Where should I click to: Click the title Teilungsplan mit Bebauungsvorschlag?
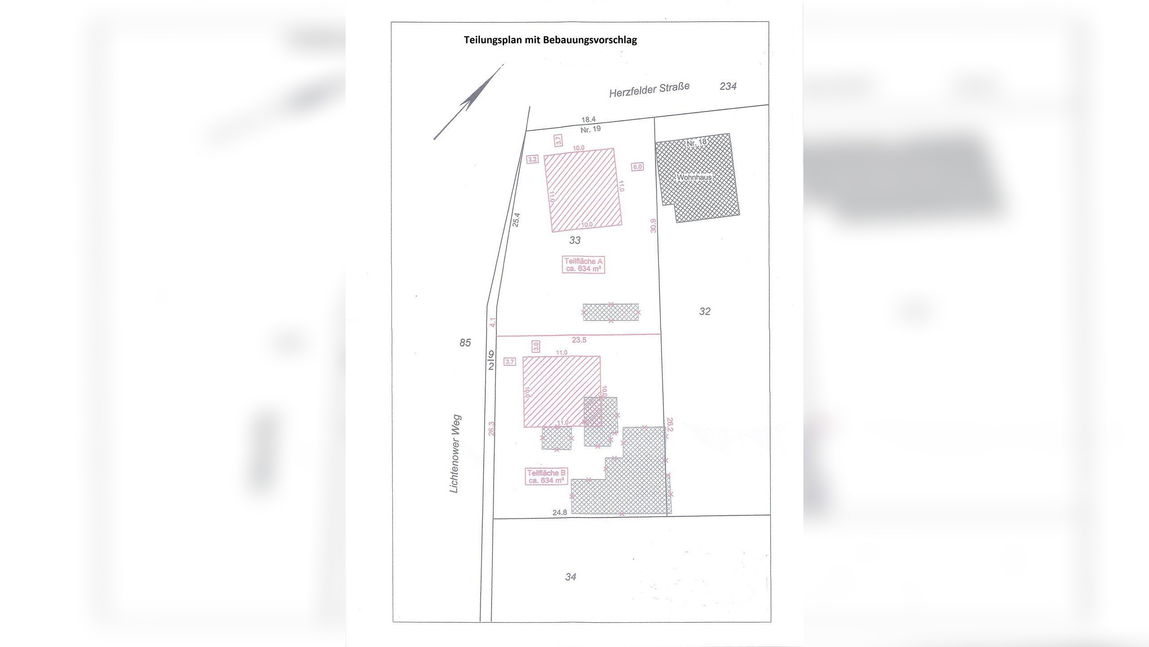coord(550,40)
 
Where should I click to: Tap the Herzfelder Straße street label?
coord(649,89)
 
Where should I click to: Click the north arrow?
coord(468,102)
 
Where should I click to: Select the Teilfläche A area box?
coord(583,265)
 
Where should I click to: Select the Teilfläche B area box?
coord(546,476)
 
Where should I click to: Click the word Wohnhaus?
coord(694,177)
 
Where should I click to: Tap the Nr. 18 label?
coord(697,142)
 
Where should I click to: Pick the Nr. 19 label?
coord(590,129)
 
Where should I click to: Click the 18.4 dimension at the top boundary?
coord(588,120)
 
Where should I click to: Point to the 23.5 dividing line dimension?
coord(579,340)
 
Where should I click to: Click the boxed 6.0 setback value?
coord(637,167)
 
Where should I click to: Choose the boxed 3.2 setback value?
coord(533,159)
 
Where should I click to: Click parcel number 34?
coord(570,577)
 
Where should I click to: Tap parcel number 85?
coord(465,343)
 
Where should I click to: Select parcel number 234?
coord(728,86)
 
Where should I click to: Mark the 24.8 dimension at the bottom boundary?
coord(560,512)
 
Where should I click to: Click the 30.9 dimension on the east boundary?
coord(653,226)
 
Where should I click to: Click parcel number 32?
coord(705,311)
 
